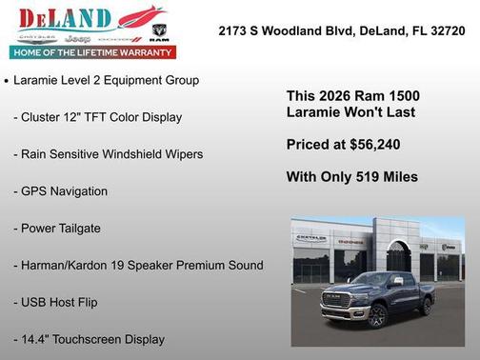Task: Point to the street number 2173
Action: [234, 30]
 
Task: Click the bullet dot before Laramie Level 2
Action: [7, 82]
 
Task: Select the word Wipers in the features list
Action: [182, 153]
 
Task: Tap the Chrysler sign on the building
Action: [310, 235]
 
